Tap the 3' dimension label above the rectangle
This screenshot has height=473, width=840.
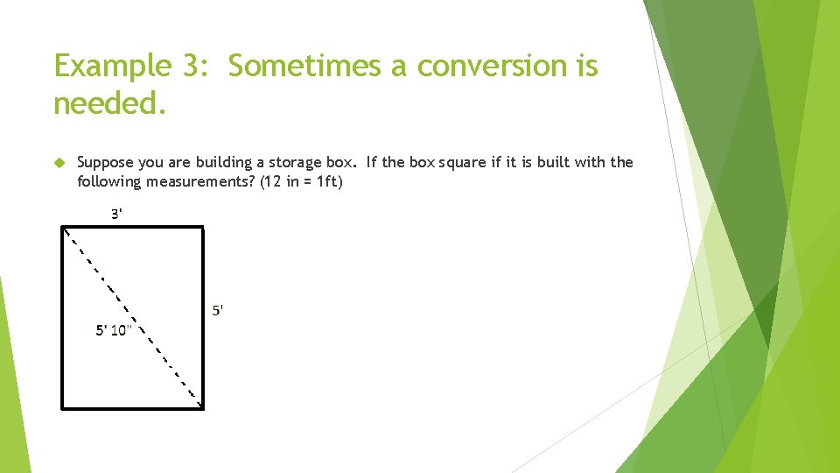(116, 214)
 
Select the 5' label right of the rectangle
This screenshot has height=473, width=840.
(218, 309)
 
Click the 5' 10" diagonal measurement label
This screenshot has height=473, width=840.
(113, 330)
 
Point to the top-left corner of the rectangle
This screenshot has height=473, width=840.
(63, 229)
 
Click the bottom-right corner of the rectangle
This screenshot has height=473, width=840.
(202, 406)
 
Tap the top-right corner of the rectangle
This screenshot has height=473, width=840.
(202, 229)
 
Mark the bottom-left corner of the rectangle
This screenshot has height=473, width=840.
(63, 406)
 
